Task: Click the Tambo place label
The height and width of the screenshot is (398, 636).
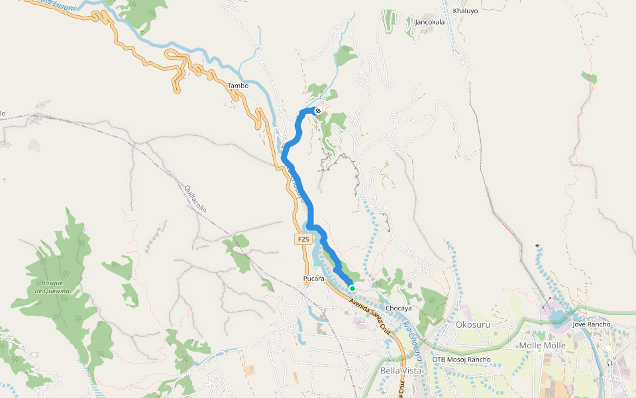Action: point(238,86)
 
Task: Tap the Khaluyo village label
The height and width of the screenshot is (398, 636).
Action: point(464,11)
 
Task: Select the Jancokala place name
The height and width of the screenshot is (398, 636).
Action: point(429,22)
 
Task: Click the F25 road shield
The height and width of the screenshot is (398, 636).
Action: point(303,239)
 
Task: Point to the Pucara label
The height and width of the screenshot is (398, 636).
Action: point(313,279)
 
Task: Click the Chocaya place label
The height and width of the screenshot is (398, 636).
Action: point(399,308)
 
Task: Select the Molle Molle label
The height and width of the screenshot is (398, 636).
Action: point(543,346)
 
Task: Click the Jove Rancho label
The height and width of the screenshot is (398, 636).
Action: point(591,324)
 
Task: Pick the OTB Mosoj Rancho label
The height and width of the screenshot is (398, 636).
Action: point(461,360)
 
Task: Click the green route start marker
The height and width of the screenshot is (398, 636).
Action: point(352,289)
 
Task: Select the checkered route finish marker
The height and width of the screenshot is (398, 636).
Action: point(318,111)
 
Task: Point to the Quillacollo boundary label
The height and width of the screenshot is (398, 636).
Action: point(196,198)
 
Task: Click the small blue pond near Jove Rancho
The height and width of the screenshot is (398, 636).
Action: point(560,316)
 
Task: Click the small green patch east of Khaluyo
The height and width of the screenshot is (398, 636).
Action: point(589,78)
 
